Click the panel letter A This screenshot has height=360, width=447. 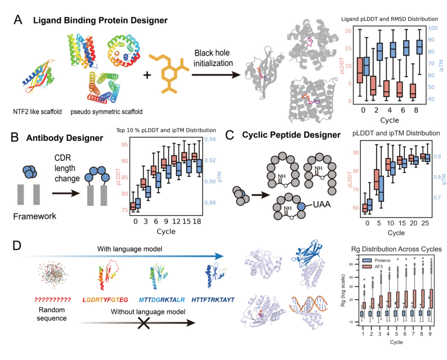18,20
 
